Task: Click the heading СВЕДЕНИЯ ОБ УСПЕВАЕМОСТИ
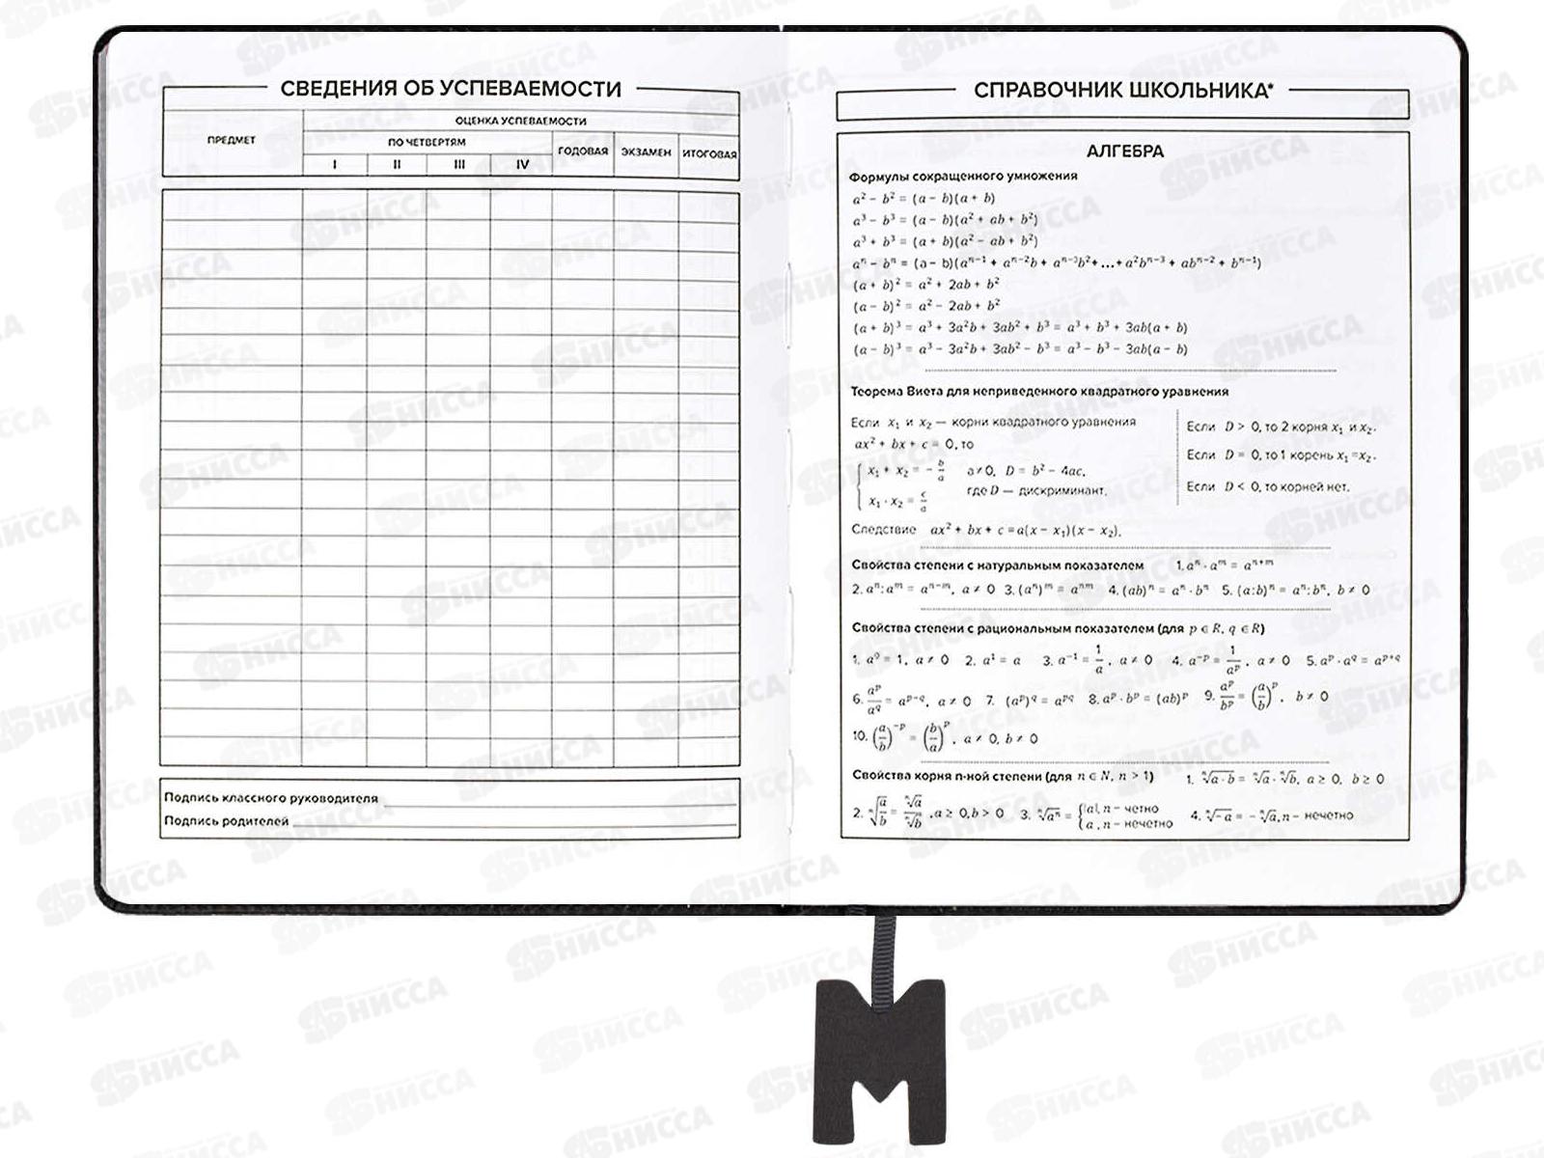point(451,89)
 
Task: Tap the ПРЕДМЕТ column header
point(232,140)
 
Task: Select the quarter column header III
point(459,164)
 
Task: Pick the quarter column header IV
point(522,164)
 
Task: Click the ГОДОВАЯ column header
point(583,152)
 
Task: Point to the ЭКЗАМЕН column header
point(646,152)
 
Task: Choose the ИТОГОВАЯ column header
point(709,153)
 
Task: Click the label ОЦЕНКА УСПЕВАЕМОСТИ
point(521,121)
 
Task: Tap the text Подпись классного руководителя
point(271,798)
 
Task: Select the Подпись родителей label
point(226,821)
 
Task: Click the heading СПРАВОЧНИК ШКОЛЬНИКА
point(1122,91)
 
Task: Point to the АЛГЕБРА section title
point(1125,152)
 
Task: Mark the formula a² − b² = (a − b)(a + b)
point(924,199)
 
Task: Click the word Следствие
point(883,529)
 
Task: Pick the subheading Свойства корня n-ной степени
point(1002,776)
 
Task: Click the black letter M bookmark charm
point(879,1059)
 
